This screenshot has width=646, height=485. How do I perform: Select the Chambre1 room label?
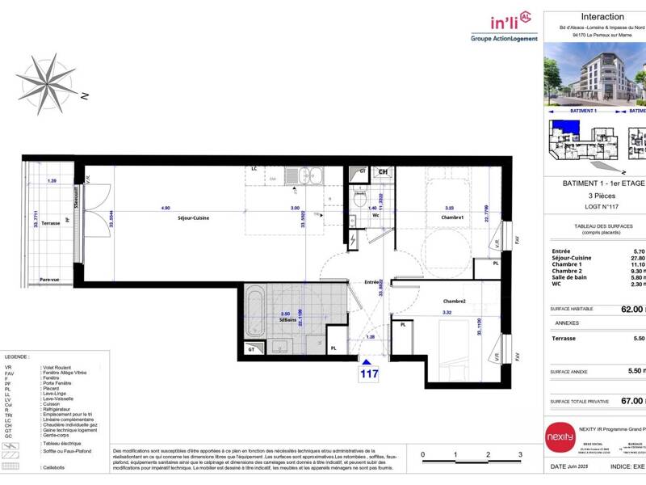click(451, 217)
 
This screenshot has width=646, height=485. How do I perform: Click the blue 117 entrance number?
click(369, 374)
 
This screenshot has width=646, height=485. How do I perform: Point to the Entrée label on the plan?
click(372, 282)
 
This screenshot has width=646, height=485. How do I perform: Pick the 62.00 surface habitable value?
click(631, 309)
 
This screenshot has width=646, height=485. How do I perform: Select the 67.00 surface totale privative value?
click(631, 400)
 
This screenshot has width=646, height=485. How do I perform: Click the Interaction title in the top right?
click(602, 16)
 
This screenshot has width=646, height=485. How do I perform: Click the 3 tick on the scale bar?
click(520, 455)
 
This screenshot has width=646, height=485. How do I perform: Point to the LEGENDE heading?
click(18, 356)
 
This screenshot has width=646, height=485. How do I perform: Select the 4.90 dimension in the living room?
click(166, 208)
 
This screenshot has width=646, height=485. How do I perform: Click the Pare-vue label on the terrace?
click(50, 280)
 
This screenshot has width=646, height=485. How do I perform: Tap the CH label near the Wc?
click(383, 172)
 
